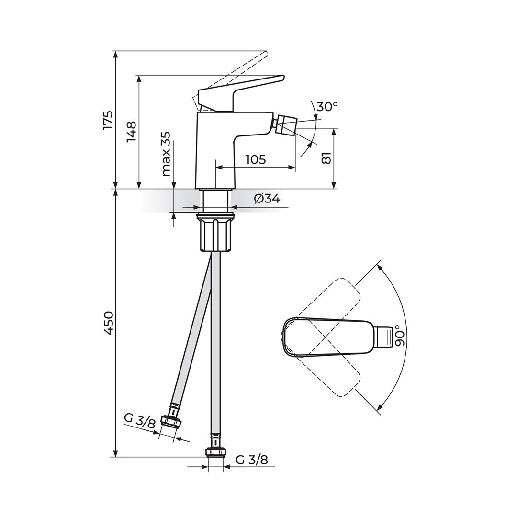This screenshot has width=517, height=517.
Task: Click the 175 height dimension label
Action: point(108,121)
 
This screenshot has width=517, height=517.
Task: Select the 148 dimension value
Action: point(132,132)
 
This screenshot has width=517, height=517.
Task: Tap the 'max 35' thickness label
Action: point(167,154)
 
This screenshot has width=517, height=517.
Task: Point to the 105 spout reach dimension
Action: point(256,159)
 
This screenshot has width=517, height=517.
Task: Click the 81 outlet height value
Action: point(326,158)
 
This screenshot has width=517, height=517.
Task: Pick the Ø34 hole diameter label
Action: point(267,199)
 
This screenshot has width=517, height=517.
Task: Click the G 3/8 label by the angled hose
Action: point(139,420)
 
